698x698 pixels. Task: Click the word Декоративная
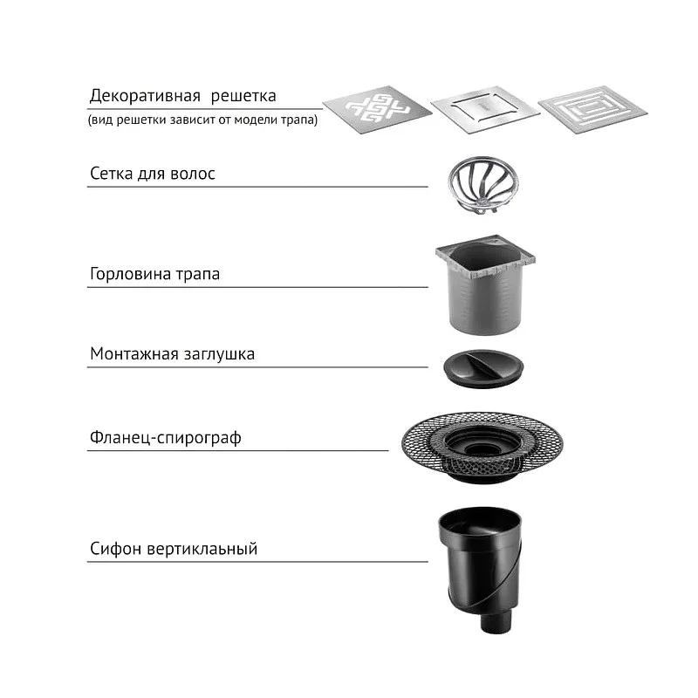click(145, 96)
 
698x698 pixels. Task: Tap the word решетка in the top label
click(243, 96)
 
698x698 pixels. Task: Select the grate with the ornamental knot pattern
click(377, 110)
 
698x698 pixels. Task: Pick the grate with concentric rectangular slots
click(593, 110)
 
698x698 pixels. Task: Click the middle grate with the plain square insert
click(486, 110)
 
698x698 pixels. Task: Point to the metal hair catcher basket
click(483, 186)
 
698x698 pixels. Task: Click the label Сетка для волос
click(153, 174)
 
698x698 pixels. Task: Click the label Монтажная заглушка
click(172, 354)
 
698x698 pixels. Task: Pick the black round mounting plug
click(483, 368)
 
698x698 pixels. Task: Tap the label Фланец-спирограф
click(166, 438)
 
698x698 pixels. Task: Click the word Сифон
click(116, 549)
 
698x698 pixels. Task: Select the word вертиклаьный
click(202, 549)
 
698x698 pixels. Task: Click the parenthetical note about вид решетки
click(203, 120)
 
